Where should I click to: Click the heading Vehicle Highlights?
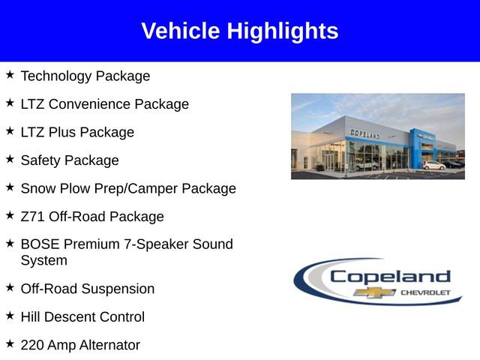(240, 31)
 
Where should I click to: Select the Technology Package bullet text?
(85, 76)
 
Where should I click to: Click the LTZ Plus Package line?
(77, 132)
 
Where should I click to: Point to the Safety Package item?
(70, 160)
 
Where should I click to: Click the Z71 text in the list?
(33, 217)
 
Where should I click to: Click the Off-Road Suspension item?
(88, 289)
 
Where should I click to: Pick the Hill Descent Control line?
(82, 316)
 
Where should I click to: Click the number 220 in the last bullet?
(32, 345)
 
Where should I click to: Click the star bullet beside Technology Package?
(10, 75)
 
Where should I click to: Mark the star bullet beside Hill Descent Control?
(10, 316)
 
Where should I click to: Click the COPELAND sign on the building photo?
(365, 133)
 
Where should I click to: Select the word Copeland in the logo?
(390, 276)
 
